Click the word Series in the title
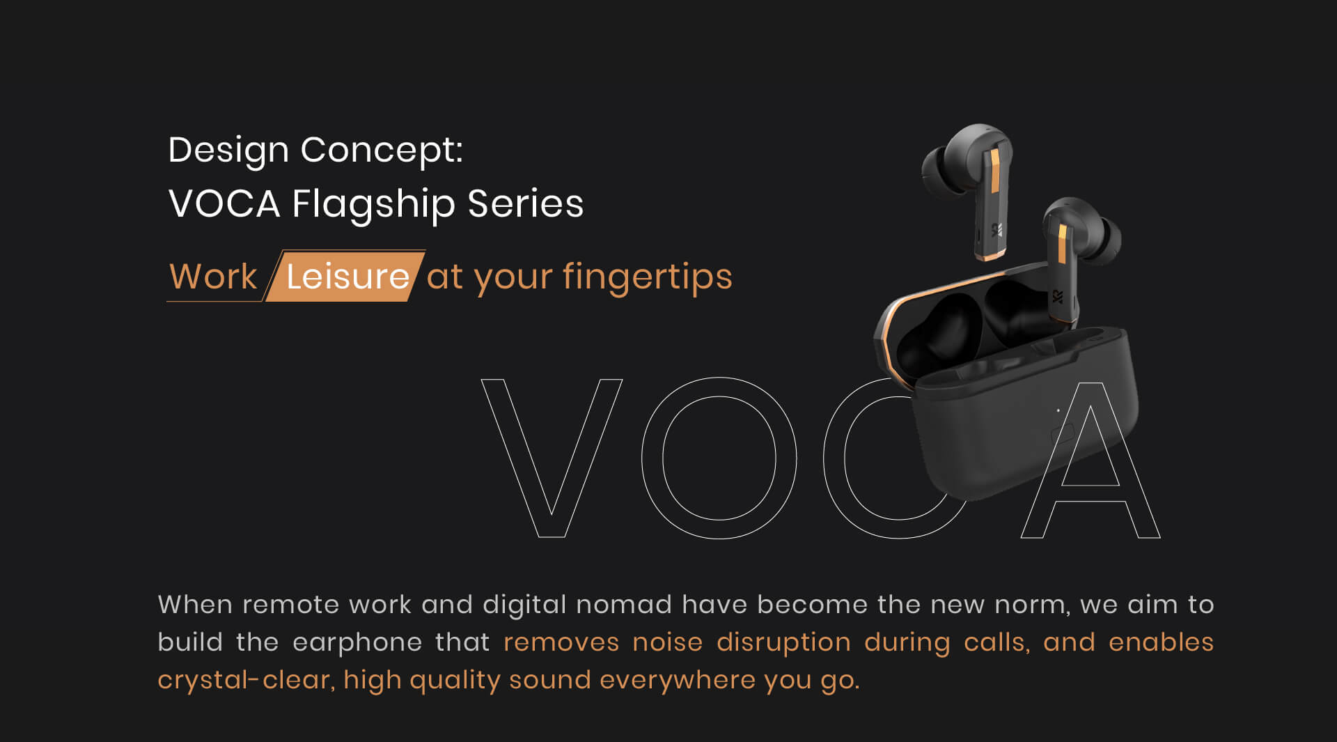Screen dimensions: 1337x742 (525, 204)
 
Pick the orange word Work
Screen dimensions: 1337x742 (213, 277)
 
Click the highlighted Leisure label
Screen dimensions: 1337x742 (347, 277)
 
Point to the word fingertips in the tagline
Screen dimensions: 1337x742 (647, 277)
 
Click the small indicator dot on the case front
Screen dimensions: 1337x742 (1058, 410)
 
